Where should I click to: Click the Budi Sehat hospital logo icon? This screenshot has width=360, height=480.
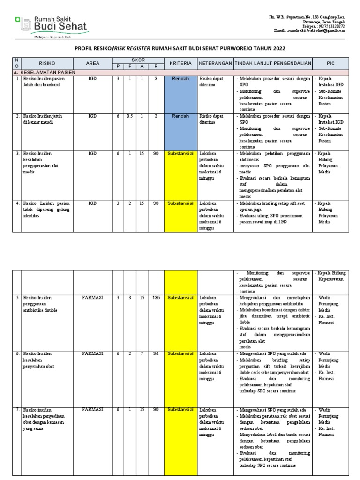[23, 23]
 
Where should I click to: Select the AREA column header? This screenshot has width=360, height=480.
[93, 63]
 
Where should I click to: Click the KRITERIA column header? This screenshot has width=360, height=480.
[180, 63]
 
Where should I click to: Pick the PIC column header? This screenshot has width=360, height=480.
[330, 63]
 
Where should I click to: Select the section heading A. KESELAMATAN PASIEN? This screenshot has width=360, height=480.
[45, 72]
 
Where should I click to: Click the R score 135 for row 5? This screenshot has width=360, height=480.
[156, 298]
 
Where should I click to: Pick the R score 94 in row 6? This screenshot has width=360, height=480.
[156, 353]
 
